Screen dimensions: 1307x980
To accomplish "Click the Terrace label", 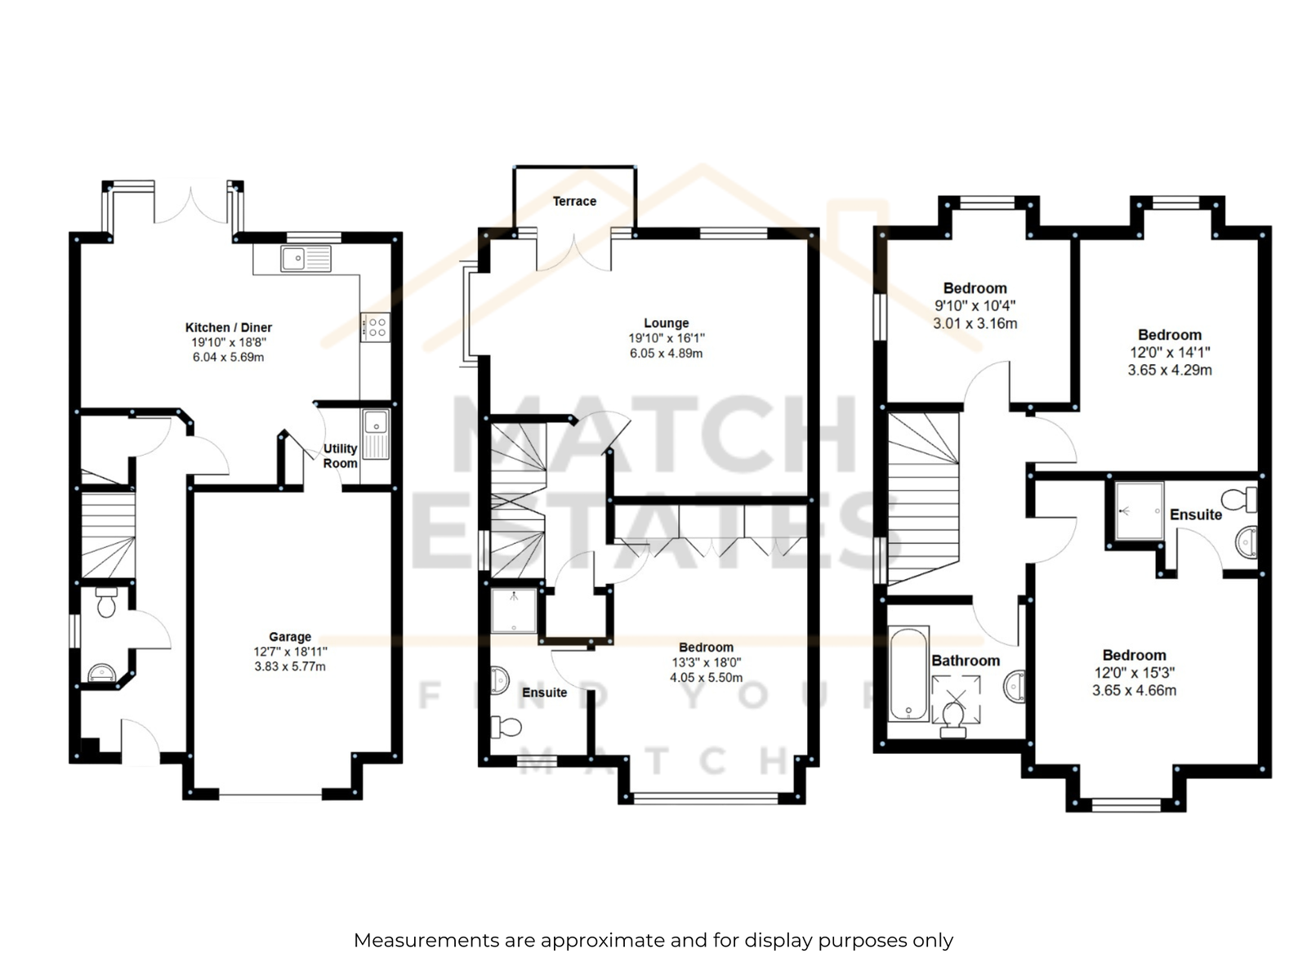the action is [574, 201].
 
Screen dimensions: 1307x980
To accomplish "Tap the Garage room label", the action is [290, 636].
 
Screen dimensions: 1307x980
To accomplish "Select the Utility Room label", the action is [340, 455].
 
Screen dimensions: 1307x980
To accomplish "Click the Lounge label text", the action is [667, 323].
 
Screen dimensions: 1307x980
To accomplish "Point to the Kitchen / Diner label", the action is [229, 327].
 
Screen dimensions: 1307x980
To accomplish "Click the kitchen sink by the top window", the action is [306, 259].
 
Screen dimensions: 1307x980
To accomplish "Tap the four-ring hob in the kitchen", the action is [376, 327].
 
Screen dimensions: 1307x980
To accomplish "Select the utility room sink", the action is [376, 434].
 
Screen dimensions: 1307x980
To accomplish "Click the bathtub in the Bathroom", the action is [908, 673].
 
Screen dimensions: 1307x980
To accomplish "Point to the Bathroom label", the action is [966, 661].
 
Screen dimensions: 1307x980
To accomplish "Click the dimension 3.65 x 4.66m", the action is [1134, 690].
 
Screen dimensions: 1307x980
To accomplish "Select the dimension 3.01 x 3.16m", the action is [975, 323].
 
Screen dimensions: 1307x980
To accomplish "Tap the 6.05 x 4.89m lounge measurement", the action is [667, 353].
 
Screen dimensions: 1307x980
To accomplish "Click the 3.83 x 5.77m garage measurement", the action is [290, 666].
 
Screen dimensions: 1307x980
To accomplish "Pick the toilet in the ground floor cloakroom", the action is [106, 602].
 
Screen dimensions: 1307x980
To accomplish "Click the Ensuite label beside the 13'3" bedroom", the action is [544, 692].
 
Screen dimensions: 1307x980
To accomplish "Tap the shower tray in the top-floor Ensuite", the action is [1139, 510].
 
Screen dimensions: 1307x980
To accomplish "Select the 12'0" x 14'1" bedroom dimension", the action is [1170, 352].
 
